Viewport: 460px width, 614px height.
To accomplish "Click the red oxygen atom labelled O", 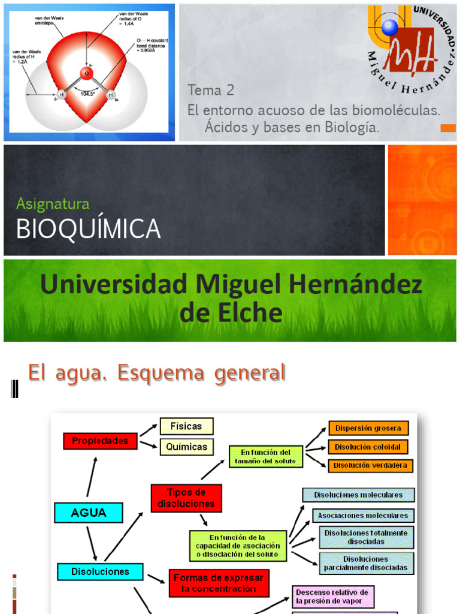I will point(86,74).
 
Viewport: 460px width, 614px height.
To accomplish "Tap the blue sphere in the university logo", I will point(390,27).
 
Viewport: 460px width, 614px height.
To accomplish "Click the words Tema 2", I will point(211,91).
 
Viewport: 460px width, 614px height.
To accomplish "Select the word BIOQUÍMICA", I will point(88,229).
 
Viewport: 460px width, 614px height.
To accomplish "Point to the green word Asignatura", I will point(53,204).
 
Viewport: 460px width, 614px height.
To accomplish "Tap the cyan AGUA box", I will point(89,513).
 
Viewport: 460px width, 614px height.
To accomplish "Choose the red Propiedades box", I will point(100,441).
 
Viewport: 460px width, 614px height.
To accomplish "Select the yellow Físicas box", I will point(186,426).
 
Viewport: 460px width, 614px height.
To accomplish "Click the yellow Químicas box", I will point(186,447).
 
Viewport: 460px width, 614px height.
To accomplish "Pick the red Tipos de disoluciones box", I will point(186,498).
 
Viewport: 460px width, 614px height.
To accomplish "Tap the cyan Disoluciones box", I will point(100,571).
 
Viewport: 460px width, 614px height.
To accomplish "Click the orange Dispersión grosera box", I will point(369,428).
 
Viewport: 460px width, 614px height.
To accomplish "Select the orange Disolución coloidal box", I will point(368,447).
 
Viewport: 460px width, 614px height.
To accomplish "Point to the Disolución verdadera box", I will point(370,465).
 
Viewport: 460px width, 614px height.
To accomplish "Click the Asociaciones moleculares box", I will point(363,515).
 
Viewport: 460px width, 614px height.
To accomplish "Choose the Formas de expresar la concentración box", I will point(219,583).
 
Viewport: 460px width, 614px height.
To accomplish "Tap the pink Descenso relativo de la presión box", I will point(333,597).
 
